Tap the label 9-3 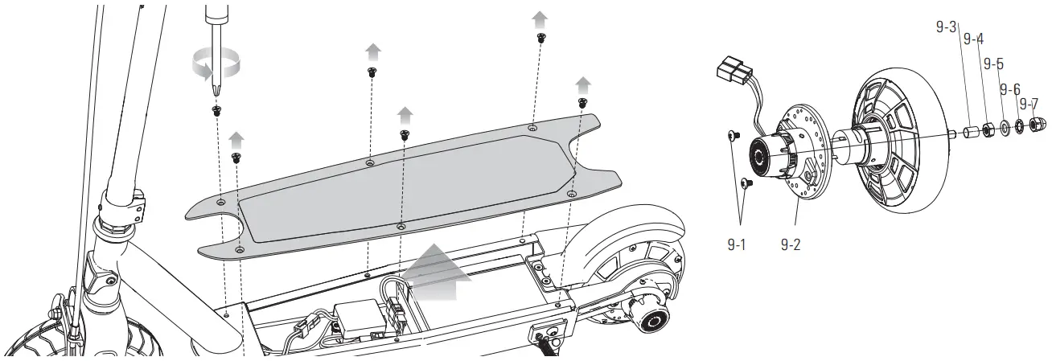[946, 27]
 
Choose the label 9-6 [1009, 88]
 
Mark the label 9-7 [1029, 104]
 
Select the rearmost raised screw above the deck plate [582, 102]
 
